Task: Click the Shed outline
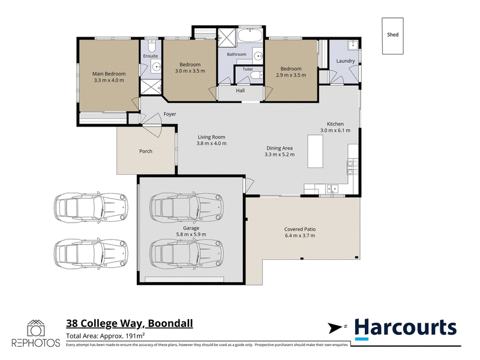coord(382,36)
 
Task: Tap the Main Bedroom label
coord(109,74)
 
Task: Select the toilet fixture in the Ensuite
coord(152,46)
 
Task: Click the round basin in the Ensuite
coord(157,66)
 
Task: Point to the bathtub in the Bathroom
coord(250,36)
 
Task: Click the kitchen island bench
coord(315,151)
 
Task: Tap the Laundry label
coord(346,61)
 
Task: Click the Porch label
coord(146,151)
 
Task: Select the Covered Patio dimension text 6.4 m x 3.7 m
coord(299,236)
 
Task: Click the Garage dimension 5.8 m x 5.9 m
coord(191,235)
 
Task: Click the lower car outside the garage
coord(91,254)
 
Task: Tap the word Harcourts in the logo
coord(406,328)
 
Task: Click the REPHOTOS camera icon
coord(36,328)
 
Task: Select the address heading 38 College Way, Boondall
coord(130,323)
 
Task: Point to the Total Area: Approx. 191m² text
coord(106,336)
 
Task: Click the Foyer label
coord(170,114)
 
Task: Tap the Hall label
coord(241,91)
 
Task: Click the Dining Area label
coord(279,148)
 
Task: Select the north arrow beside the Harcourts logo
coord(335,328)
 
